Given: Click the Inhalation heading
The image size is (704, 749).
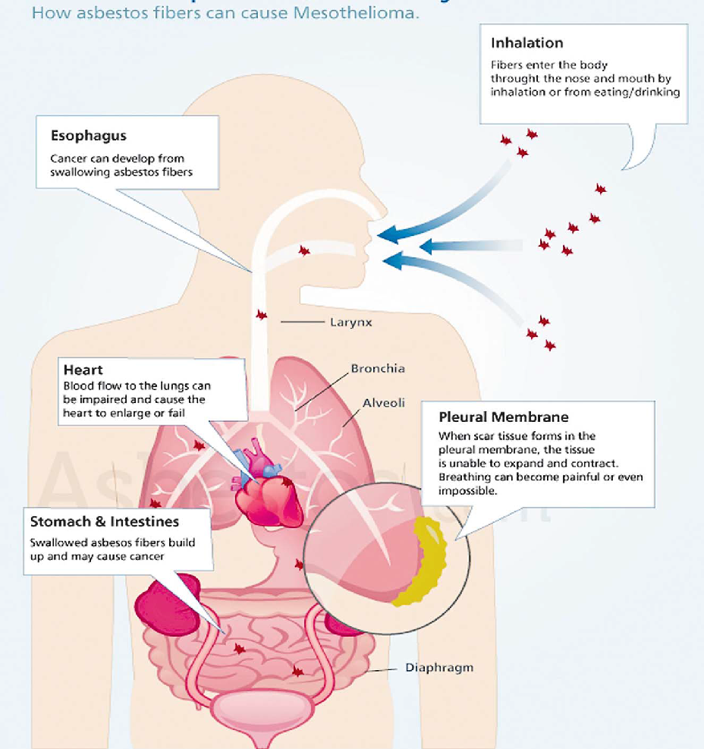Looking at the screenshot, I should (526, 42).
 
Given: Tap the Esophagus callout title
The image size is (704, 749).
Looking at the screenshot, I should (89, 136).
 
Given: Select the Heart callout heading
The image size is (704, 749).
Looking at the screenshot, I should (83, 370).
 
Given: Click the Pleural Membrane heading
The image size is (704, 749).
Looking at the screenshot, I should (504, 417).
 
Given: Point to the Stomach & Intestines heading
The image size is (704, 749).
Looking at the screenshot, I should (105, 522).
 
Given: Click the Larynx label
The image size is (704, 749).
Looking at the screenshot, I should (351, 323).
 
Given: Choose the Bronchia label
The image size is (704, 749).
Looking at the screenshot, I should (378, 369).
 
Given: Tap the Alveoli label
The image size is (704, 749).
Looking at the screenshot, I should (382, 403).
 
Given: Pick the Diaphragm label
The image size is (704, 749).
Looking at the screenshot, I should (439, 668).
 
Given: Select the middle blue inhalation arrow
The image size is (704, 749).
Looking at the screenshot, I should (455, 246).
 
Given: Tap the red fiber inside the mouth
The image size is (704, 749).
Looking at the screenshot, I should (304, 250).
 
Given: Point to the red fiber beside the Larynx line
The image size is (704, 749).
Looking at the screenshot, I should (262, 314).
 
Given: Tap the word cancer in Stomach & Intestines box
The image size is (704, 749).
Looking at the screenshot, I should (149, 556).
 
